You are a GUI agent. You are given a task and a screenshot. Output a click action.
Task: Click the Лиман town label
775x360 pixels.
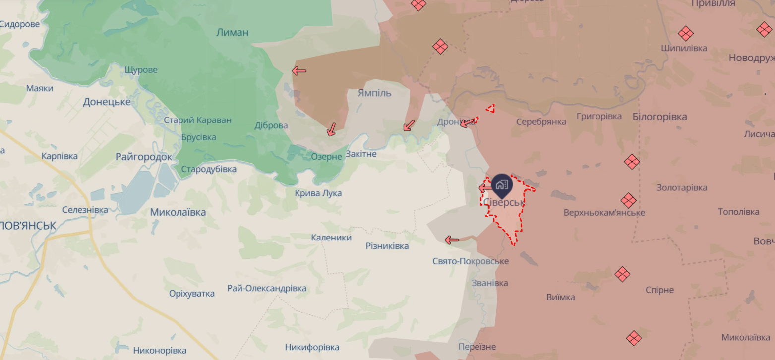tap(233, 33)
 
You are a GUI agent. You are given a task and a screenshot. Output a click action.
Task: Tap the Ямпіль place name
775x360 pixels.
tap(374, 93)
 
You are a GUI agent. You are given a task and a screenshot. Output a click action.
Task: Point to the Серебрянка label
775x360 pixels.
tap(541, 122)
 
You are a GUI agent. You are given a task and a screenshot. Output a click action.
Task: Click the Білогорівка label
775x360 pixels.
tap(659, 117)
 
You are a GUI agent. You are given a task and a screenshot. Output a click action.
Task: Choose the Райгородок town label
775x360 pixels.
tap(144, 157)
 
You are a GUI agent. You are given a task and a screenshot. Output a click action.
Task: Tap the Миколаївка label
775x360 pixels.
tap(178, 212)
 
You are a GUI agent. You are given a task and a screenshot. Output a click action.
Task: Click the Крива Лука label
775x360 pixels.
tap(318, 193)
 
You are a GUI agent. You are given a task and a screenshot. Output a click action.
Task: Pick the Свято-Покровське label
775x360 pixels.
tap(471, 261)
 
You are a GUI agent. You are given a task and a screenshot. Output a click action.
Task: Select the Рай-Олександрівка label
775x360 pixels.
tap(267, 288)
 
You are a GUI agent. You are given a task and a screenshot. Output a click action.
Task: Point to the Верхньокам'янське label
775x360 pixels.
tap(604, 213)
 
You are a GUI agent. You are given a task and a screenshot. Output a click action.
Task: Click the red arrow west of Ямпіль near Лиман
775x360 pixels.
tap(299, 71)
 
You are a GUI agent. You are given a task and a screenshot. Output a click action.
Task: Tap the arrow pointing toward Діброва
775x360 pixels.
tap(331, 129)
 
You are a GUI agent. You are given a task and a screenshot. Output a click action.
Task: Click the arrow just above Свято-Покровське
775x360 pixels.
tap(452, 240)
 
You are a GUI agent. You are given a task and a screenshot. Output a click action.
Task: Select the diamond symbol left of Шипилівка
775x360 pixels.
tap(686, 34)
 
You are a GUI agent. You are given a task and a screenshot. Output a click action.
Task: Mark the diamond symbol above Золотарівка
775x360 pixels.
tap(631, 162)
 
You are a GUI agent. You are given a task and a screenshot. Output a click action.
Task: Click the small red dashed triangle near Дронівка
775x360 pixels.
tap(490, 108)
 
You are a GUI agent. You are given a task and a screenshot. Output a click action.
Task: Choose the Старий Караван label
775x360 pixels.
tap(197, 120)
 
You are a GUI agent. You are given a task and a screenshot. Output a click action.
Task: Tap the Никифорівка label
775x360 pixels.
tap(312, 347)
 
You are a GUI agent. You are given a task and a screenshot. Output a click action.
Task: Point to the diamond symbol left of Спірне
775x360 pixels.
tap(622, 274)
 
